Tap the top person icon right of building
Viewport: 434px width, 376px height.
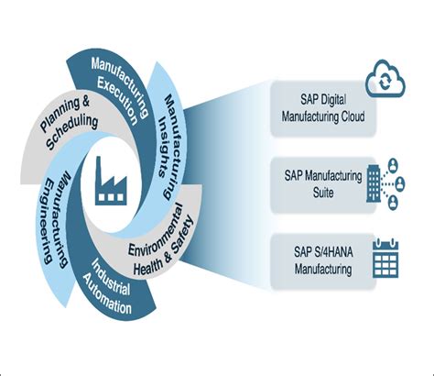pos(404,166)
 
